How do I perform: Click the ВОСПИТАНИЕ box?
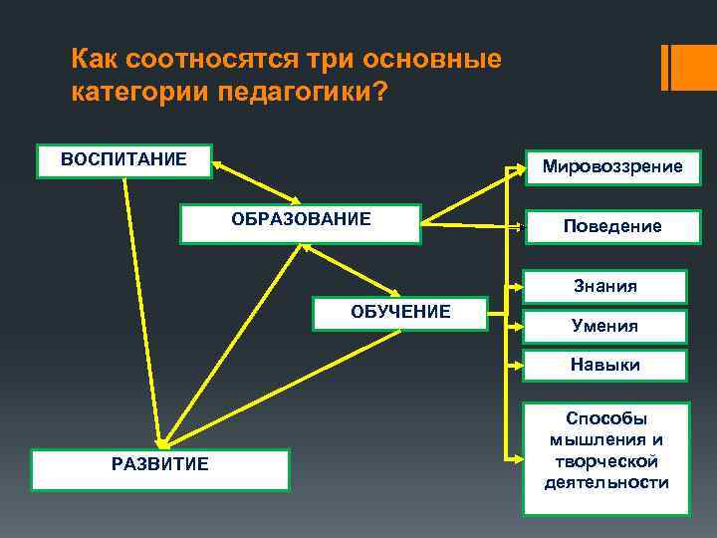[x=123, y=161]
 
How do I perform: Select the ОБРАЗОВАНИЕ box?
[x=301, y=223]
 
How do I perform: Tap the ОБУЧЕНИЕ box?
[x=400, y=313]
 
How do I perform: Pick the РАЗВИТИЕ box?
[x=160, y=469]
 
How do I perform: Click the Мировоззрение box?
[x=612, y=166]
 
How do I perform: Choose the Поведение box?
[x=612, y=226]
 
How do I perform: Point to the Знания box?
[x=605, y=287]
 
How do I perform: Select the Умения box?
[x=605, y=326]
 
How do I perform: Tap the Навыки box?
[x=605, y=366]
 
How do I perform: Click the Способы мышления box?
[x=605, y=458]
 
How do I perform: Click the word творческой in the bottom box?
[x=605, y=461]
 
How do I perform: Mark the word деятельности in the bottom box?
[x=605, y=482]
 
